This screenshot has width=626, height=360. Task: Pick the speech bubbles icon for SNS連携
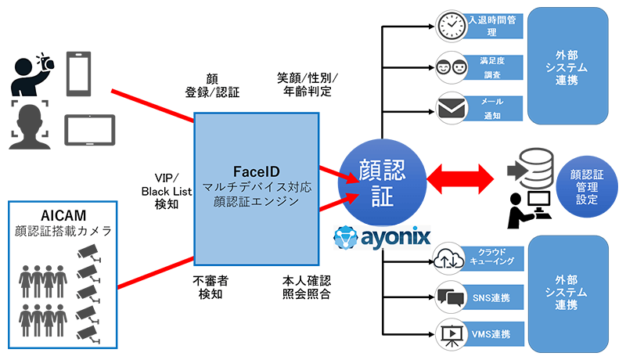pos(452,297)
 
